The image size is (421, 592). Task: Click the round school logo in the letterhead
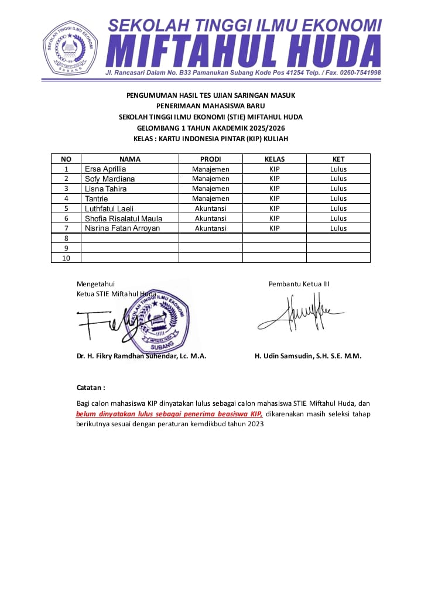(x=70, y=47)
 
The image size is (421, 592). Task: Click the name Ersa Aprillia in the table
(x=105, y=169)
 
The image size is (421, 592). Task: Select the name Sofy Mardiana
(x=109, y=179)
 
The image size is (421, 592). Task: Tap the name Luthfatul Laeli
(x=109, y=208)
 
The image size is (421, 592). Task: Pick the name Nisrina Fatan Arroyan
(x=122, y=228)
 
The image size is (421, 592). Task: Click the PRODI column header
(x=210, y=159)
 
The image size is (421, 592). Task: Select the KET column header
(x=338, y=159)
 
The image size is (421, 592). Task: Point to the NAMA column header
(x=129, y=159)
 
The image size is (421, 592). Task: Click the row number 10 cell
(x=66, y=258)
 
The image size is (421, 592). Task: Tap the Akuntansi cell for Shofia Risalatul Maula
(x=210, y=218)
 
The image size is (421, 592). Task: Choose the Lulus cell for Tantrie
(x=338, y=199)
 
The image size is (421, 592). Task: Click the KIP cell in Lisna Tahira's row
(x=274, y=189)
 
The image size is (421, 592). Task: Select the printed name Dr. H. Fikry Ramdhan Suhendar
(x=141, y=356)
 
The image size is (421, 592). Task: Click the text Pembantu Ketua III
(x=299, y=284)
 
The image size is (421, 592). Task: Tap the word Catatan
(x=91, y=388)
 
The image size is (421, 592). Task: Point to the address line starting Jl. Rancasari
(x=243, y=73)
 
